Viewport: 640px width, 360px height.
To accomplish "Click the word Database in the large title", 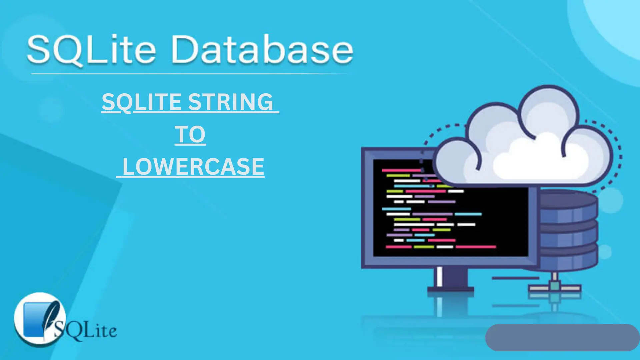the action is (x=263, y=49).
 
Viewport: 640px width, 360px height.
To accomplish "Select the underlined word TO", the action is (x=190, y=134).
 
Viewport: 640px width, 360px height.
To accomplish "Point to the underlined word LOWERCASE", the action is (x=193, y=166).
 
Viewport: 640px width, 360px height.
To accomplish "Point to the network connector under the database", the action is (x=555, y=287).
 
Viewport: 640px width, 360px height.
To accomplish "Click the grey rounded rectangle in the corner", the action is (x=562, y=337).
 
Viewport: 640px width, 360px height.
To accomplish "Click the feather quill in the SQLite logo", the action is (x=52, y=318).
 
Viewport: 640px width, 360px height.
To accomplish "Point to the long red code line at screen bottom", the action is (x=476, y=247).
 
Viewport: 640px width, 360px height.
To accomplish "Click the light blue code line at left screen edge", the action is (x=396, y=209).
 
